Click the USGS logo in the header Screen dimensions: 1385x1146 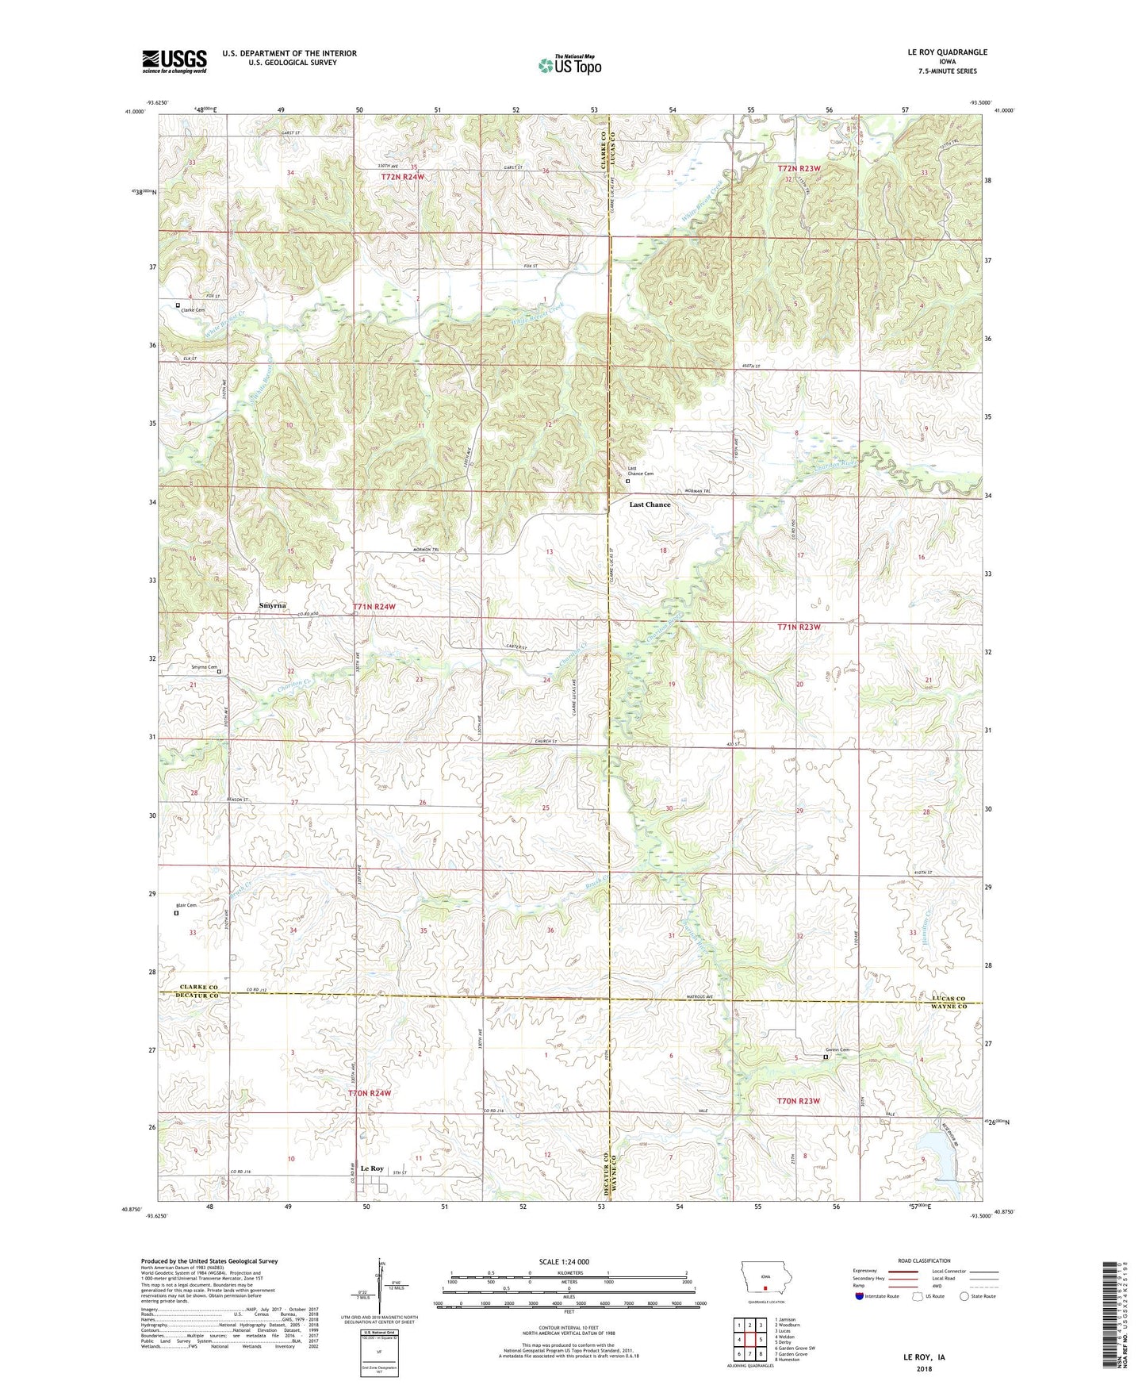174,61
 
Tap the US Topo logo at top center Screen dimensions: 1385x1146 569,65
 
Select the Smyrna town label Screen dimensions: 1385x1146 273,605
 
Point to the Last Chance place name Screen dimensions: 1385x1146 650,505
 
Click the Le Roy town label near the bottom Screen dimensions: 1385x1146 372,1168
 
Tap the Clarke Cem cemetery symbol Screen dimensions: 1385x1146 178,305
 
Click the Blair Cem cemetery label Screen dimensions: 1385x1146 186,904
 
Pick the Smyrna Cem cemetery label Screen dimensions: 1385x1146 203,667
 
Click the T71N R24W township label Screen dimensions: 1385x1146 374,607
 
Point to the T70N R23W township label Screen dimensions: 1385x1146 798,1101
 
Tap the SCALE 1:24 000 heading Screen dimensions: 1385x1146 564,1261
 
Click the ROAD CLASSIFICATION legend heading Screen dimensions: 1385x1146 925,1260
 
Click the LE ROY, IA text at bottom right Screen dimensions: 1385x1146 924,1357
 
